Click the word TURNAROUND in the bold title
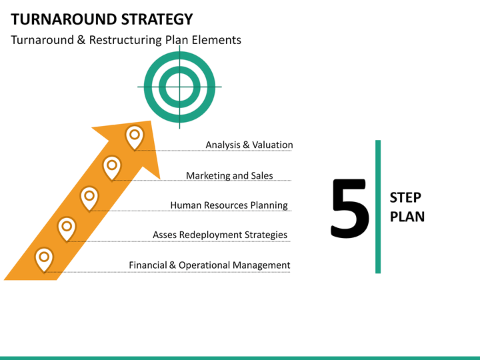pos(63,19)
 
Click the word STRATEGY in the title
pos(157,19)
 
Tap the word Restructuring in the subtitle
pos(125,40)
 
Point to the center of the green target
pos(179,87)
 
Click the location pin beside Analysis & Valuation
pos(135,137)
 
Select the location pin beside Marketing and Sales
pos(112,168)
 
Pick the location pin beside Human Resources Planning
pos(89,199)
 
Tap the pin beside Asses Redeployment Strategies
pos(67,229)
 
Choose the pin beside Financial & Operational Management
pos(44,259)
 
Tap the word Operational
pos(204,265)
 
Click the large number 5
pos(349,208)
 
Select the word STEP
pos(405,198)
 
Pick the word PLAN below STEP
pos(407,217)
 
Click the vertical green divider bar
pos(378,207)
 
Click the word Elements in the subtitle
pos(217,40)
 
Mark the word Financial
pos(148,265)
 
